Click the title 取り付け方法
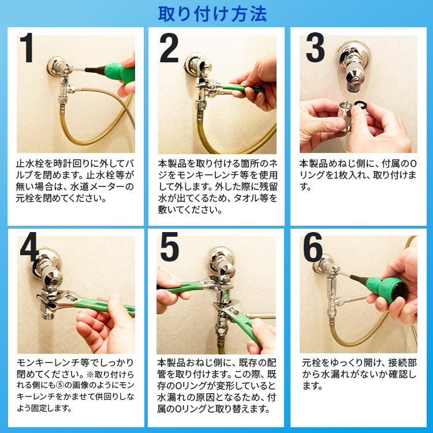[212, 14]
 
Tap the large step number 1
[27, 48]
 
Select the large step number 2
[169, 48]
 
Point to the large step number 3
[315, 48]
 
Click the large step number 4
[29, 247]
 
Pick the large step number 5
[169, 247]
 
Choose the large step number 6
[312, 247]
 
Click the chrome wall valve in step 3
[354, 66]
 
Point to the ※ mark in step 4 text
[90, 375]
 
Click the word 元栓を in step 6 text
[316, 363]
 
